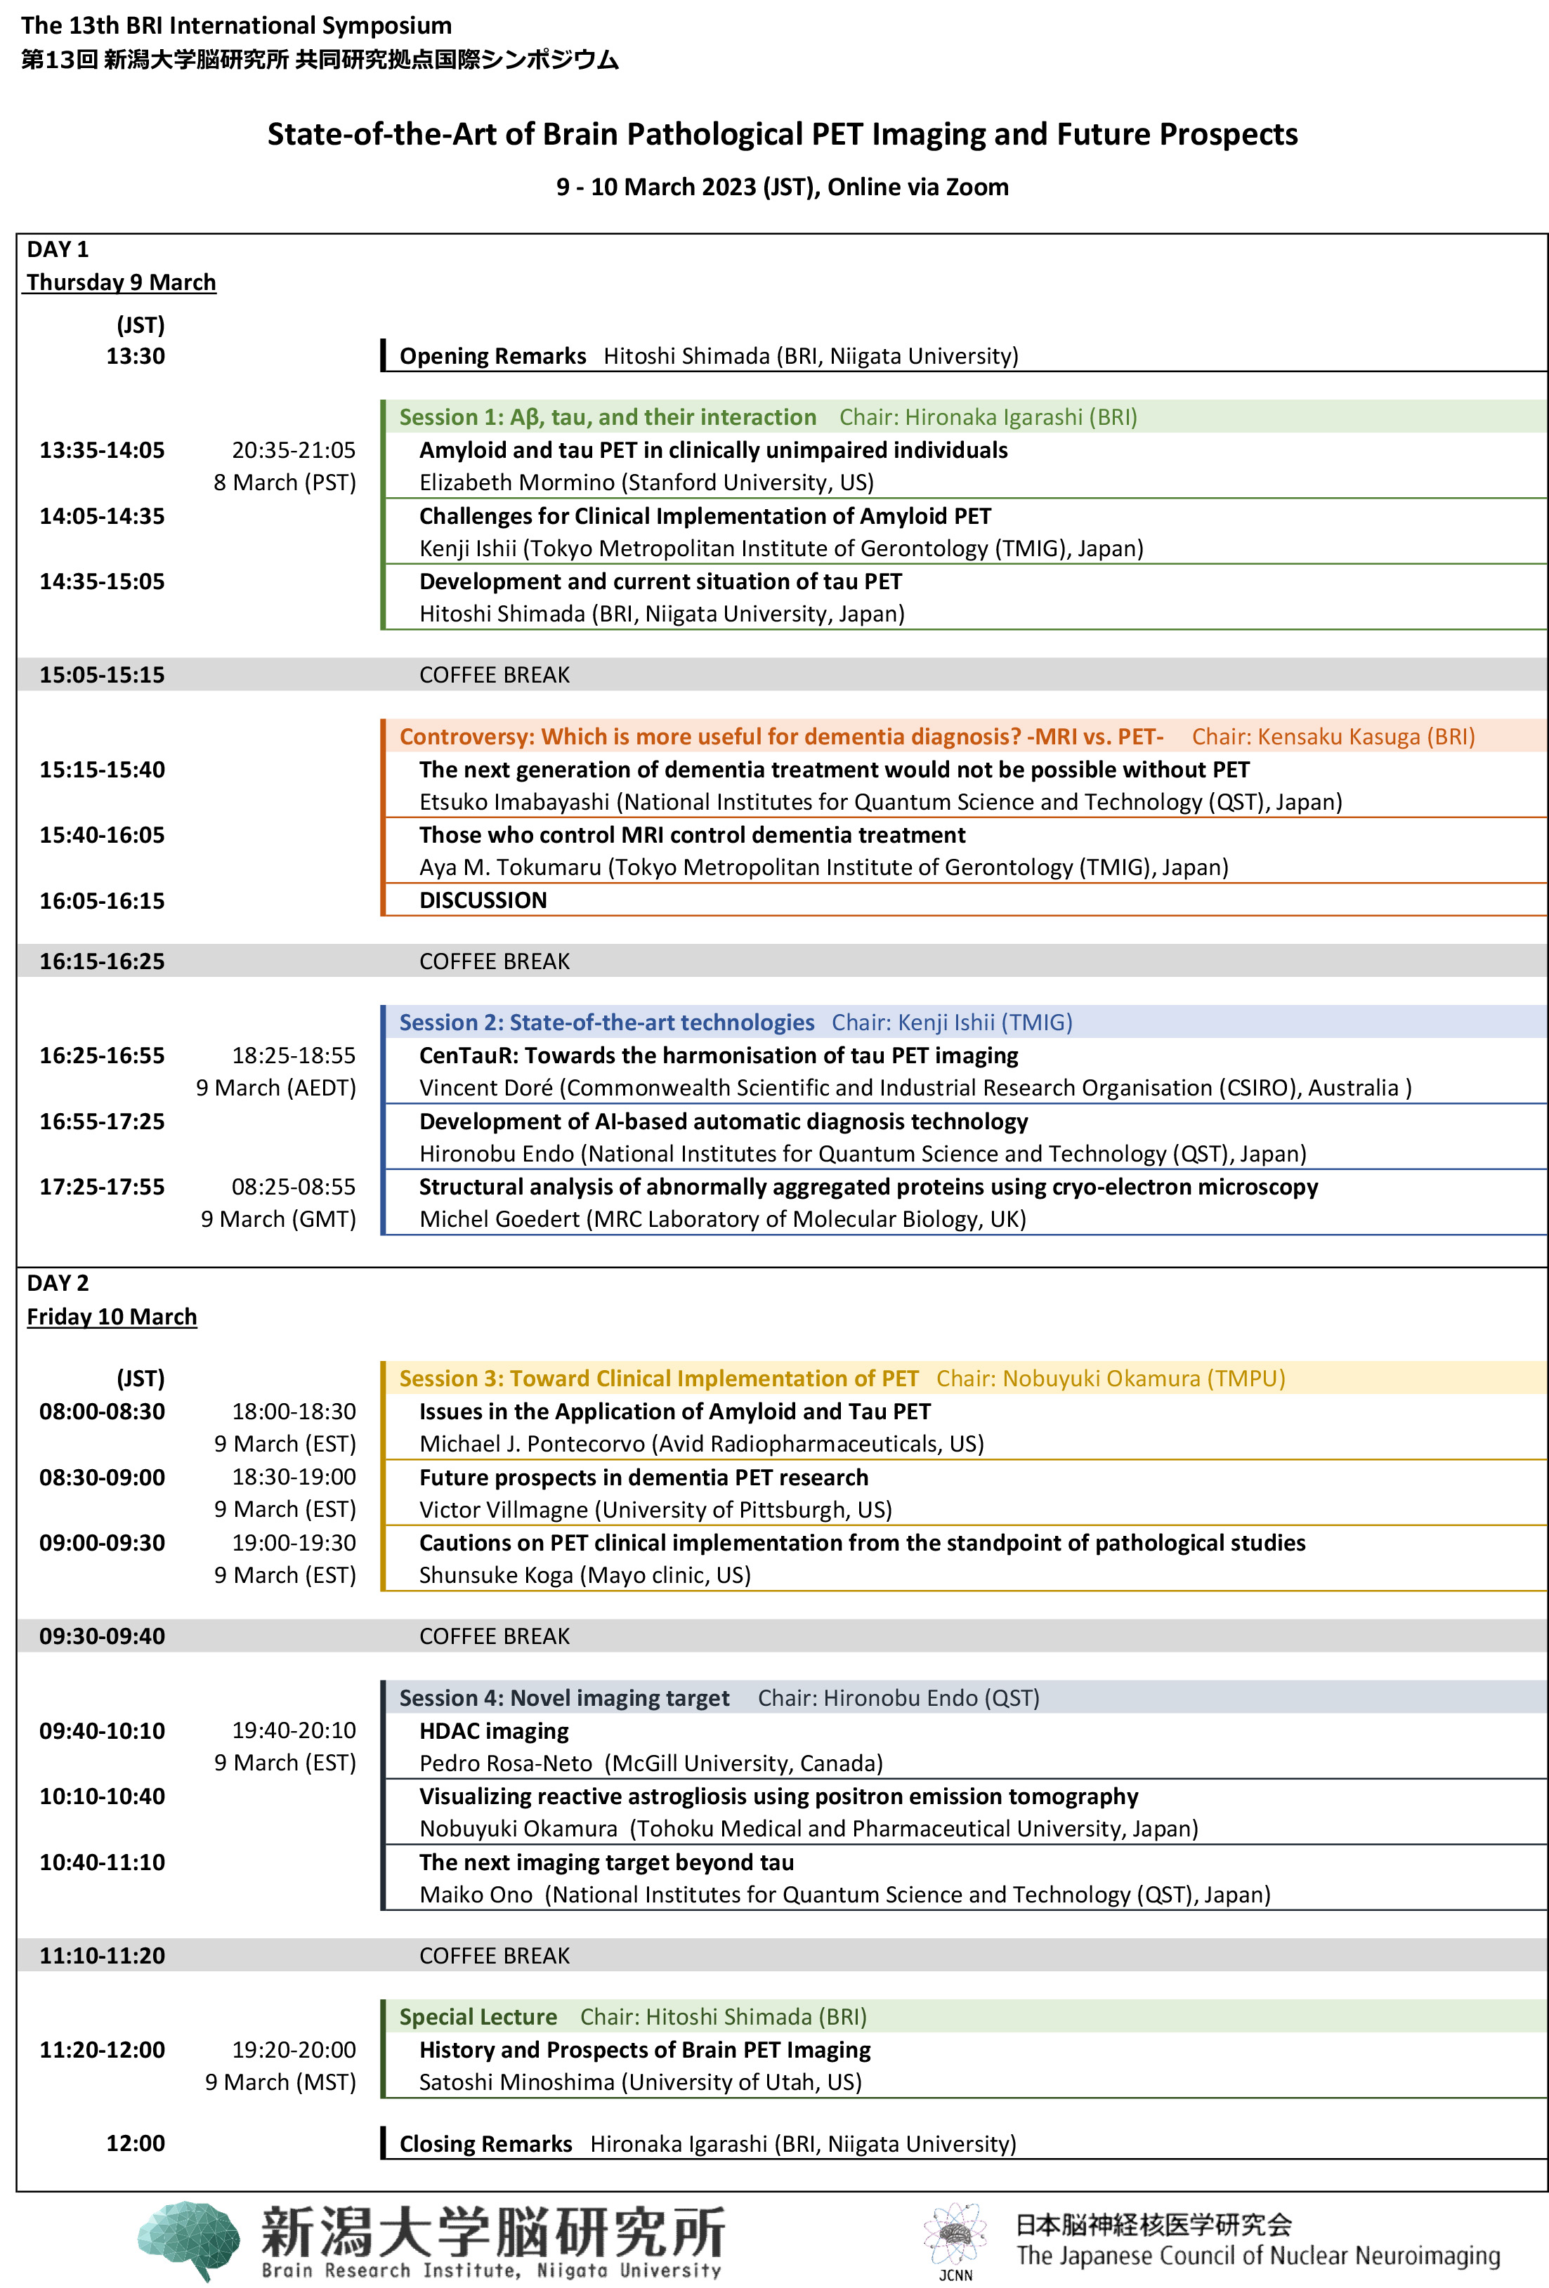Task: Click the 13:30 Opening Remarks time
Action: pyautogui.click(x=135, y=355)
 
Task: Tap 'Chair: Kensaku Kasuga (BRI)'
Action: pyautogui.click(x=1333, y=737)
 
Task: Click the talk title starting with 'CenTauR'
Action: pyautogui.click(x=718, y=1056)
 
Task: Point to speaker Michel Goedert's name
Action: pyautogui.click(x=499, y=1219)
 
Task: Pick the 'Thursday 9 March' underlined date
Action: pyautogui.click(x=120, y=282)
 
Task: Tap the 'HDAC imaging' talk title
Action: pyautogui.click(x=493, y=1731)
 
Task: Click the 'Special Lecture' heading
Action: pyautogui.click(x=478, y=2016)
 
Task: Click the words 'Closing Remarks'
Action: pyautogui.click(x=485, y=2143)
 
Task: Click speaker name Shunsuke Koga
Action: pyautogui.click(x=495, y=1575)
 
